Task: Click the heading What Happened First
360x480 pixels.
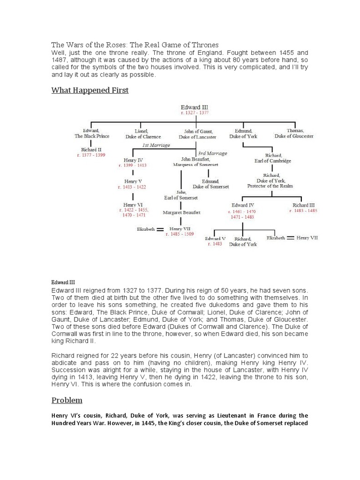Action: coord(90,90)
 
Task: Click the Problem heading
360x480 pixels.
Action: coord(67,400)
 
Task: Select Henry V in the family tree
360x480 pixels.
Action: coord(133,181)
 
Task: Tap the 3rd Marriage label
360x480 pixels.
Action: coord(212,153)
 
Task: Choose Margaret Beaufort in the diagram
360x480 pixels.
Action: coord(181,212)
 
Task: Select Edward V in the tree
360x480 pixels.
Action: coord(215,238)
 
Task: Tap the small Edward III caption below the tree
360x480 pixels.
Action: coord(63,283)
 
